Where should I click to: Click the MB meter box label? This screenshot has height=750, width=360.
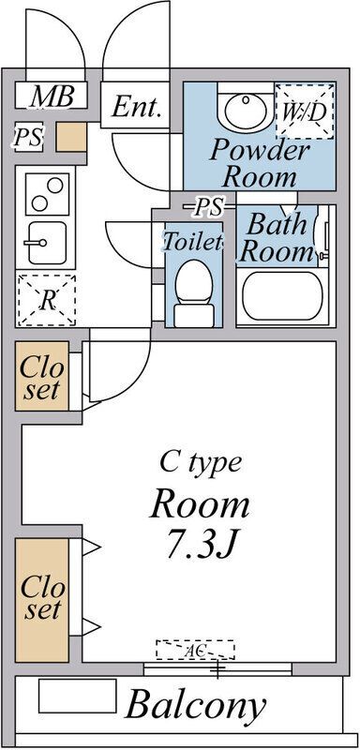point(52,97)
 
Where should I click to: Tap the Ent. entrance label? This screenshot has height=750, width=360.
point(135,107)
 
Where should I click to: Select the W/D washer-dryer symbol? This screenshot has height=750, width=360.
point(305,111)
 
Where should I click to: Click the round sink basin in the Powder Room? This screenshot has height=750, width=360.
point(246,111)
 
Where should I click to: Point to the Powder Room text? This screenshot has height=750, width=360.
point(260,163)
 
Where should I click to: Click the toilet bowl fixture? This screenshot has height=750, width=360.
point(193,293)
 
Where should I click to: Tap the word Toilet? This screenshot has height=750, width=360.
point(193,241)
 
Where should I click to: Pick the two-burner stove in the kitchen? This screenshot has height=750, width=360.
point(47,194)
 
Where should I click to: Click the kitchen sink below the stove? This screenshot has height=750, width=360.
point(47,243)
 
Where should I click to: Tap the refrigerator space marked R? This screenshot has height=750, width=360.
point(46,300)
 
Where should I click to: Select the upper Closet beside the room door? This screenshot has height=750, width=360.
point(42,376)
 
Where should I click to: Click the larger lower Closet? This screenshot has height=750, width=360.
point(42,600)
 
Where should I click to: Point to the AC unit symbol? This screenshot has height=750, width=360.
point(195,650)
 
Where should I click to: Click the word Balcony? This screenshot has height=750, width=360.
point(195,705)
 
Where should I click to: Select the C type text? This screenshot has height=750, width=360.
point(201,463)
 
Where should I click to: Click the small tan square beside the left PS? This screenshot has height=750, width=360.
point(71,137)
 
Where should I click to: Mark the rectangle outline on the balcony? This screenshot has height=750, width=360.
point(78,696)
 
